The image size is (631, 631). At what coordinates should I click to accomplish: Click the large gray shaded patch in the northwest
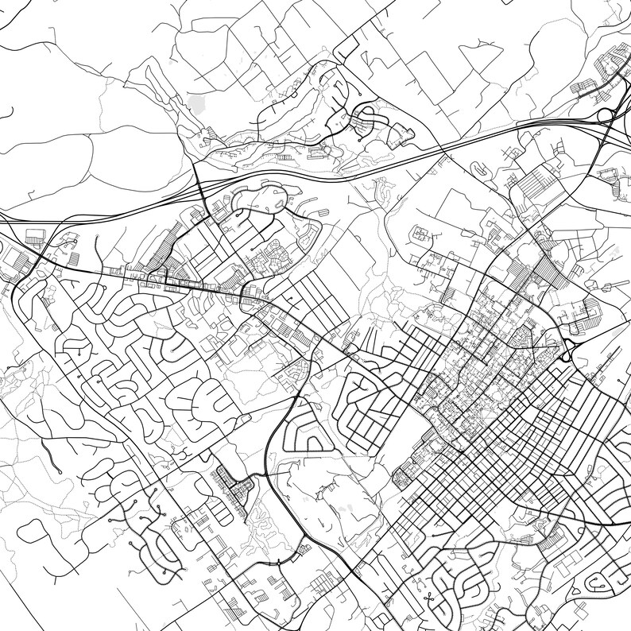pos(197,103)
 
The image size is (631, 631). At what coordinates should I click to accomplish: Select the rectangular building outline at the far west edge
pos(34,236)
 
